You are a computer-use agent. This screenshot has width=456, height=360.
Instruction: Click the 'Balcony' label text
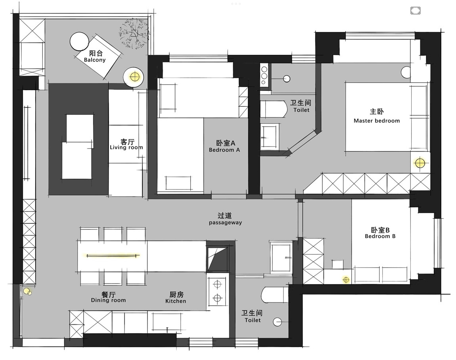click(x=95, y=60)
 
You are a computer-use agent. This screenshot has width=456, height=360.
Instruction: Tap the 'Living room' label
click(x=126, y=147)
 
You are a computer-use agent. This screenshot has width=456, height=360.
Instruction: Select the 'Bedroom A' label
click(x=224, y=150)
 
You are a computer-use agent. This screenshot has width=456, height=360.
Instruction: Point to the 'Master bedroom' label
click(x=377, y=121)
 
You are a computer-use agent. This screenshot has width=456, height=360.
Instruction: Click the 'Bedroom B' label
click(x=380, y=236)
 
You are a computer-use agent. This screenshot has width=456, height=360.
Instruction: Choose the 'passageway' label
click(x=225, y=223)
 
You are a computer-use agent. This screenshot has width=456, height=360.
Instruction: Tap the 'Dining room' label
click(x=109, y=300)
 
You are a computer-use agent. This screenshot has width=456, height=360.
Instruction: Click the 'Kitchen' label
click(x=176, y=301)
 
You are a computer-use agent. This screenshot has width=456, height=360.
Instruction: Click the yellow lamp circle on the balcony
click(x=134, y=77)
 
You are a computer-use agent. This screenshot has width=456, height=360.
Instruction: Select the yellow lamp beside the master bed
click(x=420, y=163)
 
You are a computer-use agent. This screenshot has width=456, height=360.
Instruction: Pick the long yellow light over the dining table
click(x=113, y=256)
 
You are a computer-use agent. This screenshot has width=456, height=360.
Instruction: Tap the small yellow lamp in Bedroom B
click(x=346, y=280)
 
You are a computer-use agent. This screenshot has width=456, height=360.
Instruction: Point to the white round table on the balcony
click(x=79, y=41)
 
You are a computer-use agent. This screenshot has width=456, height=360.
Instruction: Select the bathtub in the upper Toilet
click(x=273, y=109)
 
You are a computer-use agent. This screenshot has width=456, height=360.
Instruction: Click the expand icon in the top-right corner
click(x=415, y=11)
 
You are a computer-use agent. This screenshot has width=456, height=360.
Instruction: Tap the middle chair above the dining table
click(x=113, y=234)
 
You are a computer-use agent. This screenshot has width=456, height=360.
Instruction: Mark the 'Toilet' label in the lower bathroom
click(x=253, y=320)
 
